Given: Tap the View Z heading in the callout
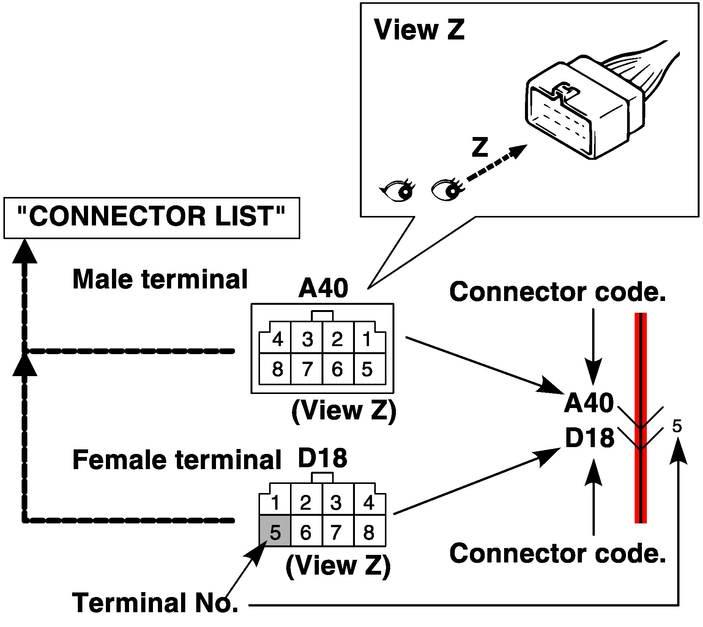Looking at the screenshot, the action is [419, 30].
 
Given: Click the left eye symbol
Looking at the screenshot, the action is [397, 190].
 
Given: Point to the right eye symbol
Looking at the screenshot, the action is [447, 189].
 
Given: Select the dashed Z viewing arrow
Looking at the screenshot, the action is [497, 164].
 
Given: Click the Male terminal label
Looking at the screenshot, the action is [160, 279].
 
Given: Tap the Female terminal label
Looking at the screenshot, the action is [177, 460].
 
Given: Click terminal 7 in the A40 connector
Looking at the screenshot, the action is [307, 369].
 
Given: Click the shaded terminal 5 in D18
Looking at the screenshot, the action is [275, 531].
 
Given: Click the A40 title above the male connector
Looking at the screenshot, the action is [323, 288].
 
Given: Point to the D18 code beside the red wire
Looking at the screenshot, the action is [590, 438].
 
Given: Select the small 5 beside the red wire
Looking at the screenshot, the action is [677, 426].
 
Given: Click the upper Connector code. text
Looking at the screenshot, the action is [558, 292].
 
